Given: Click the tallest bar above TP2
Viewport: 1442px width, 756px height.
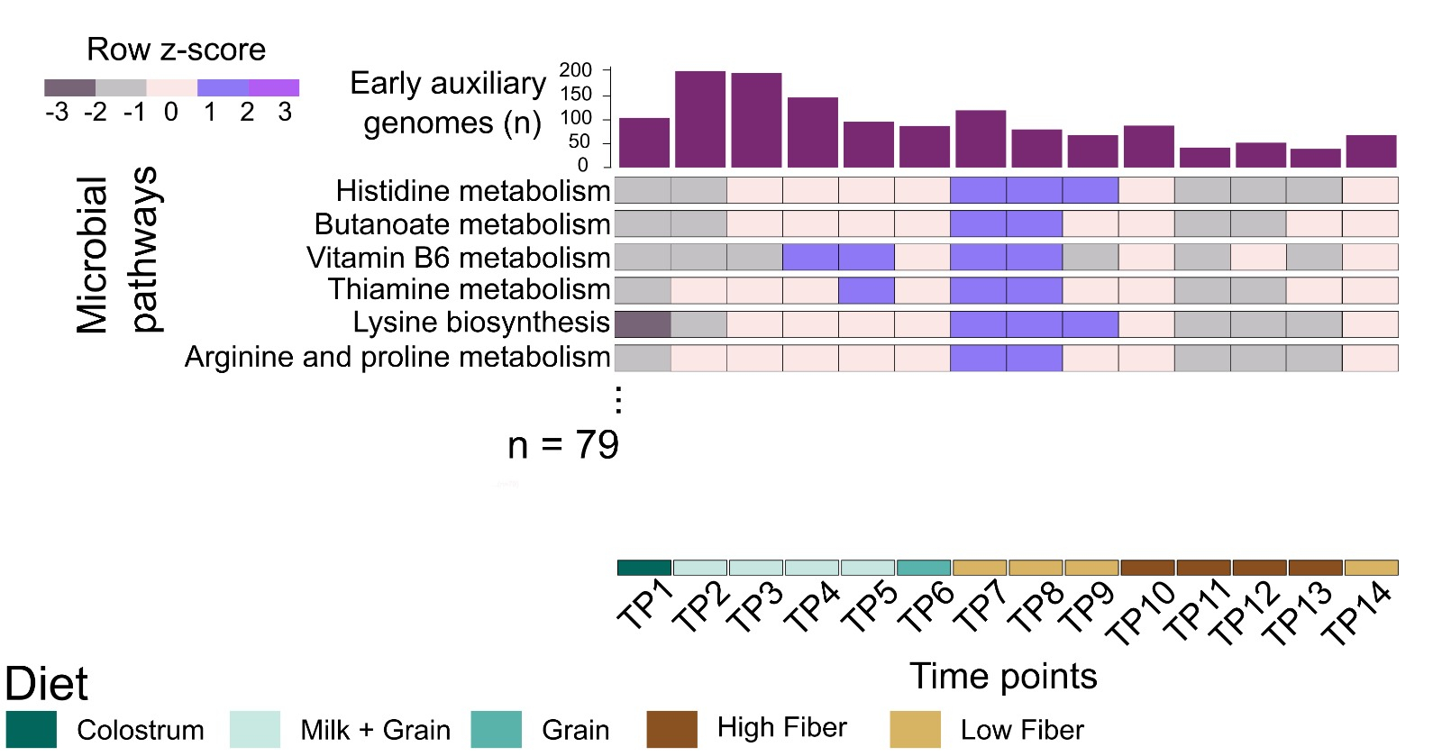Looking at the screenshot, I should (700, 119).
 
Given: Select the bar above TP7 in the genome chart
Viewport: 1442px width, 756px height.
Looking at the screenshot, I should (981, 139).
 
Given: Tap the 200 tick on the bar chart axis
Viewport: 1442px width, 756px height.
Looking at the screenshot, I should (576, 70).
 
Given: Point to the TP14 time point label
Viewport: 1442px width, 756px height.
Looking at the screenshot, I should (1357, 614).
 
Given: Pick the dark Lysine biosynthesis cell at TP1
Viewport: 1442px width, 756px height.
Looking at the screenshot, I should (643, 324).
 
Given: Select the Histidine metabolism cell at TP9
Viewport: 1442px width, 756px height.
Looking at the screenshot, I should (1091, 190).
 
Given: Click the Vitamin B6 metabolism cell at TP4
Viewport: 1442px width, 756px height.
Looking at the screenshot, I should (810, 258).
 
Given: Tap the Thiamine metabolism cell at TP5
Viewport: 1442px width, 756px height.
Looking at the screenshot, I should (866, 290).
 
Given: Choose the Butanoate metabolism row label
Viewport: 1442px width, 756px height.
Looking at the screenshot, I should (462, 223).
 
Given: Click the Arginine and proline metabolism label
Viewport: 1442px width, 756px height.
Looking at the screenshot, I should (397, 358).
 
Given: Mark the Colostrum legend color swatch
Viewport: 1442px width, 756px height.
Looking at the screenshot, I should (32, 729).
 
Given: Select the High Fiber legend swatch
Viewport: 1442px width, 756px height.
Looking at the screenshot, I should (671, 729).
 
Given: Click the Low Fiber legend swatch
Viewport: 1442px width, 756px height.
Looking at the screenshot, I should (915, 729).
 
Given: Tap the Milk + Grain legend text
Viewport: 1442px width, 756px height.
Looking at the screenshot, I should (375, 730).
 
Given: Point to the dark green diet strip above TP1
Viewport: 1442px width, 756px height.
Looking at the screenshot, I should (644, 568).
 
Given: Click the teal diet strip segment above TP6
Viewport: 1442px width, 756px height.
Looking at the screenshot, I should (924, 568).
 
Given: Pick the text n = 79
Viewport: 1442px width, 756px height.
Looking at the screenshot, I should (563, 445).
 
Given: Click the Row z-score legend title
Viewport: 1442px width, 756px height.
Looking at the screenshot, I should (176, 50).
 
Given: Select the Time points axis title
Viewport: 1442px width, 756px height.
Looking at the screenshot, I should (1003, 676).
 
